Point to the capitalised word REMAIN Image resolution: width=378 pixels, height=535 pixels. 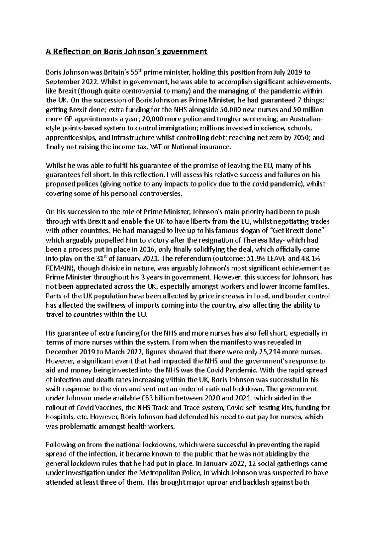pyautogui.click(x=59, y=268)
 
